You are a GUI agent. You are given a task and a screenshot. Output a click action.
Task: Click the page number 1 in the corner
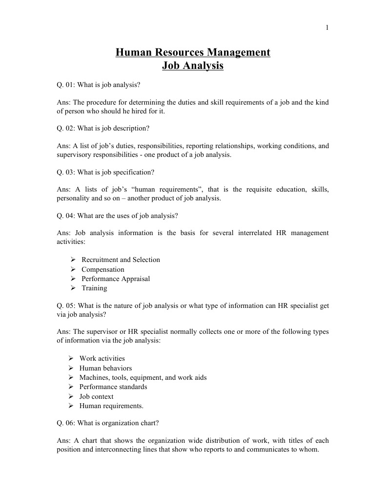(x=327, y=27)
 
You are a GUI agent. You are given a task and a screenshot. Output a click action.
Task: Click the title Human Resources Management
(x=193, y=52)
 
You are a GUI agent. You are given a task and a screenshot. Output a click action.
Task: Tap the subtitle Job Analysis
(x=193, y=65)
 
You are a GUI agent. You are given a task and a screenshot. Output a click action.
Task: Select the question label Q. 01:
(x=66, y=85)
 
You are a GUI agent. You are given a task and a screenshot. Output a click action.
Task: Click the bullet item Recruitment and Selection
(x=121, y=260)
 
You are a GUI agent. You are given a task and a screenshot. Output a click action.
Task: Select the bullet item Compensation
(x=102, y=269)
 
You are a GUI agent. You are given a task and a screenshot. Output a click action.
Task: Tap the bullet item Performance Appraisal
(x=116, y=279)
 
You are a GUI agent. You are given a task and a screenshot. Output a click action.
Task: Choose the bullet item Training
(x=94, y=288)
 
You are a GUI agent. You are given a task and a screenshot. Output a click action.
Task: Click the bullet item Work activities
(x=102, y=358)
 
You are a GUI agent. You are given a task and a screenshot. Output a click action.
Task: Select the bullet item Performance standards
(x=113, y=387)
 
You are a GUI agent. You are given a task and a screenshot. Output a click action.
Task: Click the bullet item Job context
(x=96, y=396)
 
